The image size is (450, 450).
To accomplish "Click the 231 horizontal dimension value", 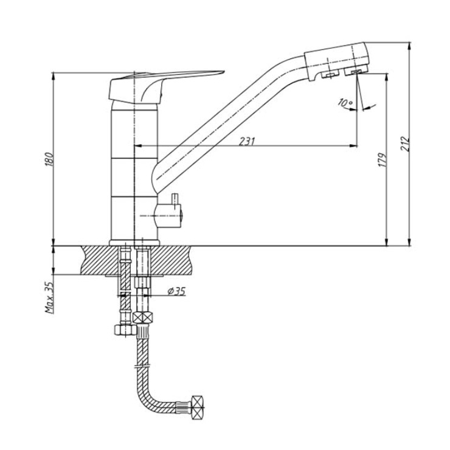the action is click(x=247, y=141).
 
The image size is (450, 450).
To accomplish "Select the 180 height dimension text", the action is click(x=49, y=160).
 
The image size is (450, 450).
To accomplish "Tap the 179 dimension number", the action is click(x=382, y=161).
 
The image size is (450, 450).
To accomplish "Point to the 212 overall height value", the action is click(x=405, y=144).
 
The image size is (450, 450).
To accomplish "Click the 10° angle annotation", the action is click(x=345, y=102).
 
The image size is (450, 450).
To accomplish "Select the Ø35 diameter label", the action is click(x=176, y=291).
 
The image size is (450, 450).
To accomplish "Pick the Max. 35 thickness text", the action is click(x=49, y=297).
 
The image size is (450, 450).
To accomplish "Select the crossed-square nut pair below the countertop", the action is click(x=143, y=317).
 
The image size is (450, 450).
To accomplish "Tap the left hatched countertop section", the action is click(x=100, y=260).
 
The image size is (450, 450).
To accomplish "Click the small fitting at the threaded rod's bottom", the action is click(x=125, y=330).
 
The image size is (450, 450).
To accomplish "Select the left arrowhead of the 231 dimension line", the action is click(x=138, y=146).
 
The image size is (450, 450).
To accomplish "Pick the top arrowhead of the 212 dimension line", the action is click(x=409, y=46).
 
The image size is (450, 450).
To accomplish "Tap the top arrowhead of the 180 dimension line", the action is click(x=53, y=77).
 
